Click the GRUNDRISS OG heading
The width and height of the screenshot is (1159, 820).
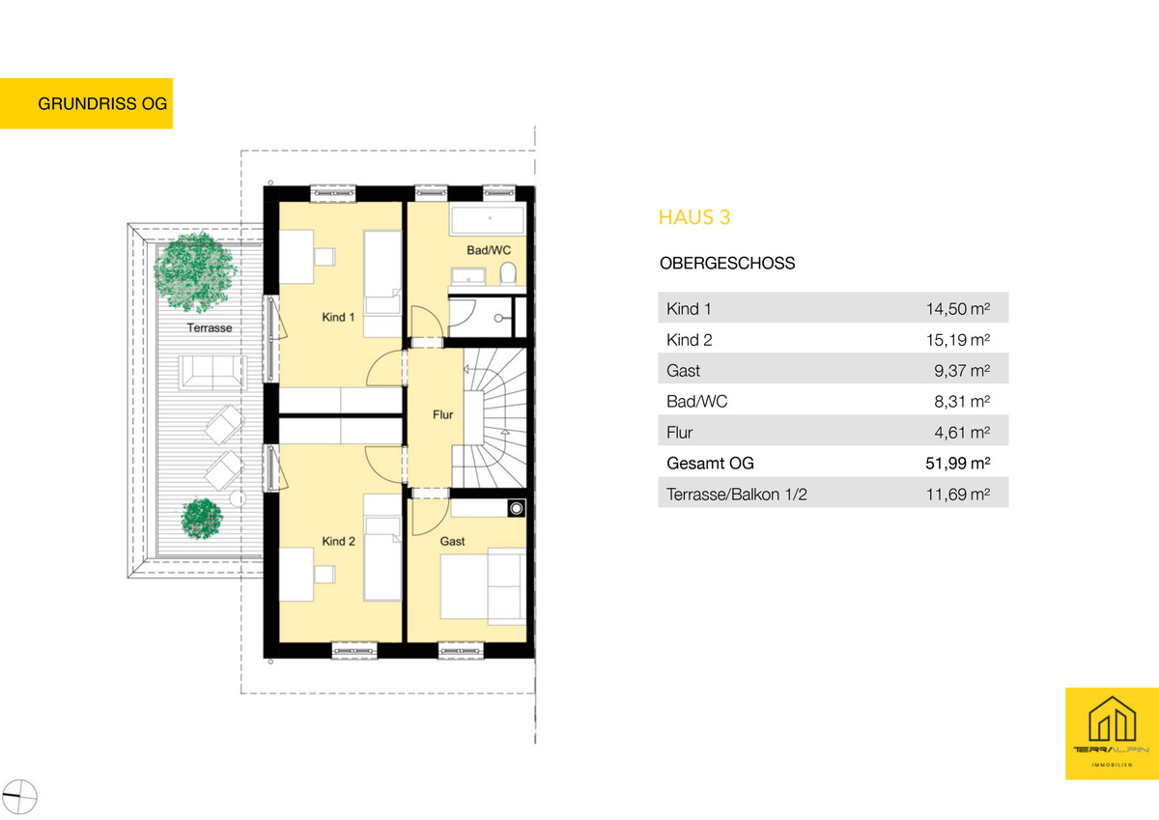click(x=102, y=103)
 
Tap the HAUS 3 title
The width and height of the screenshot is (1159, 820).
click(x=694, y=217)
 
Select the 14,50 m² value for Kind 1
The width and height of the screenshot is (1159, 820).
click(x=958, y=309)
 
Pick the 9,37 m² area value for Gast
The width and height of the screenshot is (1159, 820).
click(x=962, y=371)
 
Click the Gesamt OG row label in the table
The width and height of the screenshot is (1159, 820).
click(x=710, y=463)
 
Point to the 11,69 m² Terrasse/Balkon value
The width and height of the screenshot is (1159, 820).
click(x=958, y=495)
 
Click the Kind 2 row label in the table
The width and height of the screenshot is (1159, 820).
click(x=690, y=340)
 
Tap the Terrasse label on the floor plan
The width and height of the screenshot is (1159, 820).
click(x=210, y=328)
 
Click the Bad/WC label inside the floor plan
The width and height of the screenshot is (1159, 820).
click(x=489, y=250)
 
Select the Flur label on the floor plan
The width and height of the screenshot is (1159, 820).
click(x=443, y=414)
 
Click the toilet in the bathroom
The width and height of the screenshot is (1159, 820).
click(x=508, y=273)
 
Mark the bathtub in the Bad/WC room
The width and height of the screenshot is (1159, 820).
click(x=488, y=219)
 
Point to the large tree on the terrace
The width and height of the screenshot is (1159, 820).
click(x=195, y=271)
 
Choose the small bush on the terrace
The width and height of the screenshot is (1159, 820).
click(x=202, y=519)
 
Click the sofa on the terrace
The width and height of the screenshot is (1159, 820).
click(x=212, y=372)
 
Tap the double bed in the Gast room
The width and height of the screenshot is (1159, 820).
click(x=483, y=586)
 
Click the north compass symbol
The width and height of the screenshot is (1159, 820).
click(x=19, y=797)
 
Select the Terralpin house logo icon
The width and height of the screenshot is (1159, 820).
click(x=1112, y=720)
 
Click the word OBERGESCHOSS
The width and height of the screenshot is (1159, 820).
click(x=727, y=264)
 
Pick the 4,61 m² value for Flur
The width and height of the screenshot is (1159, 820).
click(x=962, y=433)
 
